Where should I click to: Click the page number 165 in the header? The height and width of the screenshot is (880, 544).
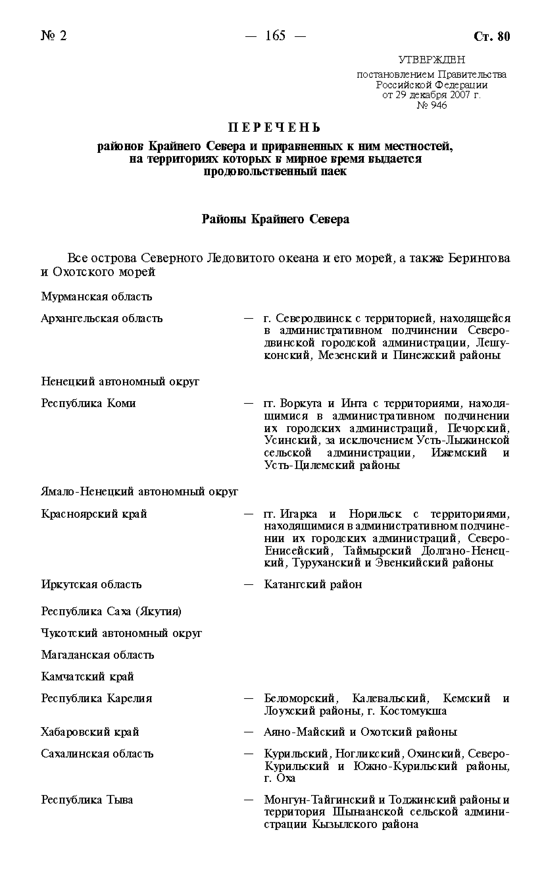click(x=275, y=36)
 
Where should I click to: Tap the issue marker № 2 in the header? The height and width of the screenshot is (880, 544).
click(x=54, y=36)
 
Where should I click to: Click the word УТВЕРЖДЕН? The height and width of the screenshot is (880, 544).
click(x=432, y=59)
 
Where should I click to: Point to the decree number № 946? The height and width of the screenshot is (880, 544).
click(x=432, y=105)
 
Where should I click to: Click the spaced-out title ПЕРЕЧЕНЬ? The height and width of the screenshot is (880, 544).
click(x=275, y=127)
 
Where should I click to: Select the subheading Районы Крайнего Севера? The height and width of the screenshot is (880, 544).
click(x=275, y=219)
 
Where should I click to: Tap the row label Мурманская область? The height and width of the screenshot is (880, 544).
click(x=96, y=296)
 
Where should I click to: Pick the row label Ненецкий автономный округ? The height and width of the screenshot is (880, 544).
click(x=120, y=381)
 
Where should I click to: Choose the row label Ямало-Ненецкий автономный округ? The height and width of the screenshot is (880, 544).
click(x=139, y=491)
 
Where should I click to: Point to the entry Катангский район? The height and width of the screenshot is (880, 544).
click(x=313, y=584)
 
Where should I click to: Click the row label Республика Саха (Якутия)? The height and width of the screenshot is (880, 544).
click(x=111, y=611)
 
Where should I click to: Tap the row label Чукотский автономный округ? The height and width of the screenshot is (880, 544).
click(x=122, y=633)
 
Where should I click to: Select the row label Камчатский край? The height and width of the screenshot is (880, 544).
click(x=87, y=676)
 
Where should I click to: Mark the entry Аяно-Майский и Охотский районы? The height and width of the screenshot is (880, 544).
click(x=360, y=732)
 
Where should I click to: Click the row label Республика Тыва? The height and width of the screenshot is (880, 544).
click(x=87, y=800)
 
